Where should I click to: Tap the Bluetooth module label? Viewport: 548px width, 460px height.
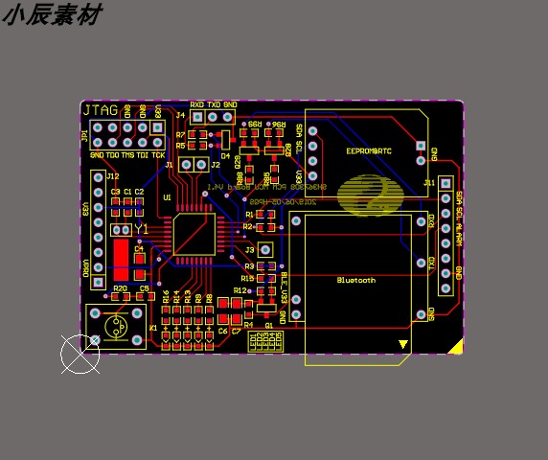356,280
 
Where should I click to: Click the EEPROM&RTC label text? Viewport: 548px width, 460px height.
369,150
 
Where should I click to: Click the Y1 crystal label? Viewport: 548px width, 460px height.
142,230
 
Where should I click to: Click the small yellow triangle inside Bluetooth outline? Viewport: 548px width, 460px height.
403,344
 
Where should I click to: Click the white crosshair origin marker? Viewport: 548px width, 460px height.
80,355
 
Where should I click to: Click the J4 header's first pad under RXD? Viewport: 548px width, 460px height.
197,118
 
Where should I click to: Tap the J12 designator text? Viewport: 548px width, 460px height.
113,176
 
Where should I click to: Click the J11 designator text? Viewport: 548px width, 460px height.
428,182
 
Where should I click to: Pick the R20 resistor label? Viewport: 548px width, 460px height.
120,287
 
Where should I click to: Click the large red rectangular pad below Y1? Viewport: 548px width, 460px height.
121,259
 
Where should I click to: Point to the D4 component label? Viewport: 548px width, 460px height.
226,155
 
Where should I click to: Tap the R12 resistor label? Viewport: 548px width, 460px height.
240,290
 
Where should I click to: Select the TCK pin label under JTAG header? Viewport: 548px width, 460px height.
158,154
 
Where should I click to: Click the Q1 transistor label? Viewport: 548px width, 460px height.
269,325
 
